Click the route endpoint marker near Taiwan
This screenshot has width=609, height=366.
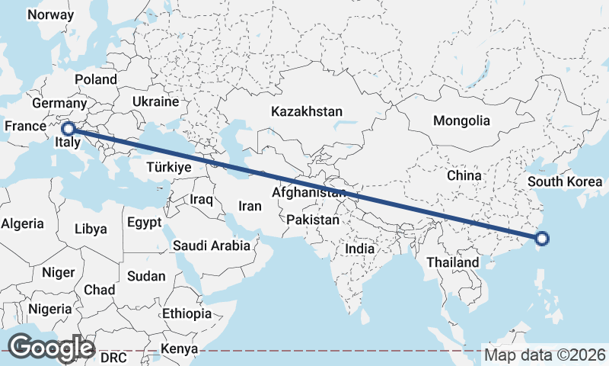point(542,239)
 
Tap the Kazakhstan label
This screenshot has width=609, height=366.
point(307,111)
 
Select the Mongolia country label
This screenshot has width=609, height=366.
point(461,120)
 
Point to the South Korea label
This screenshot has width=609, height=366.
point(565,181)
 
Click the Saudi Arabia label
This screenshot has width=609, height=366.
point(211,246)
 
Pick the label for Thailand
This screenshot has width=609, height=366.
point(453,262)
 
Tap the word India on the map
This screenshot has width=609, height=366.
point(359,249)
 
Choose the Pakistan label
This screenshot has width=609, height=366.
point(313,220)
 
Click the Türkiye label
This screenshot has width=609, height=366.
point(169,166)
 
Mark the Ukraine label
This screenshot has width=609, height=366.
point(155,101)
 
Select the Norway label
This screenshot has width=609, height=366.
point(50,14)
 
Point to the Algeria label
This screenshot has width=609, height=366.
point(22,224)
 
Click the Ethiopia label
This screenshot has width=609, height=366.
point(187,313)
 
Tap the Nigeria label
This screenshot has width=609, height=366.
point(49,309)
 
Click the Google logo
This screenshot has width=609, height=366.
point(50,348)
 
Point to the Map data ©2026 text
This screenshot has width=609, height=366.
point(544,355)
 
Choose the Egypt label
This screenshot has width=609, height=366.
point(145,223)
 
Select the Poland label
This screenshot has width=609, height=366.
point(95,79)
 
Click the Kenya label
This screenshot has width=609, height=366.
point(179,349)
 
